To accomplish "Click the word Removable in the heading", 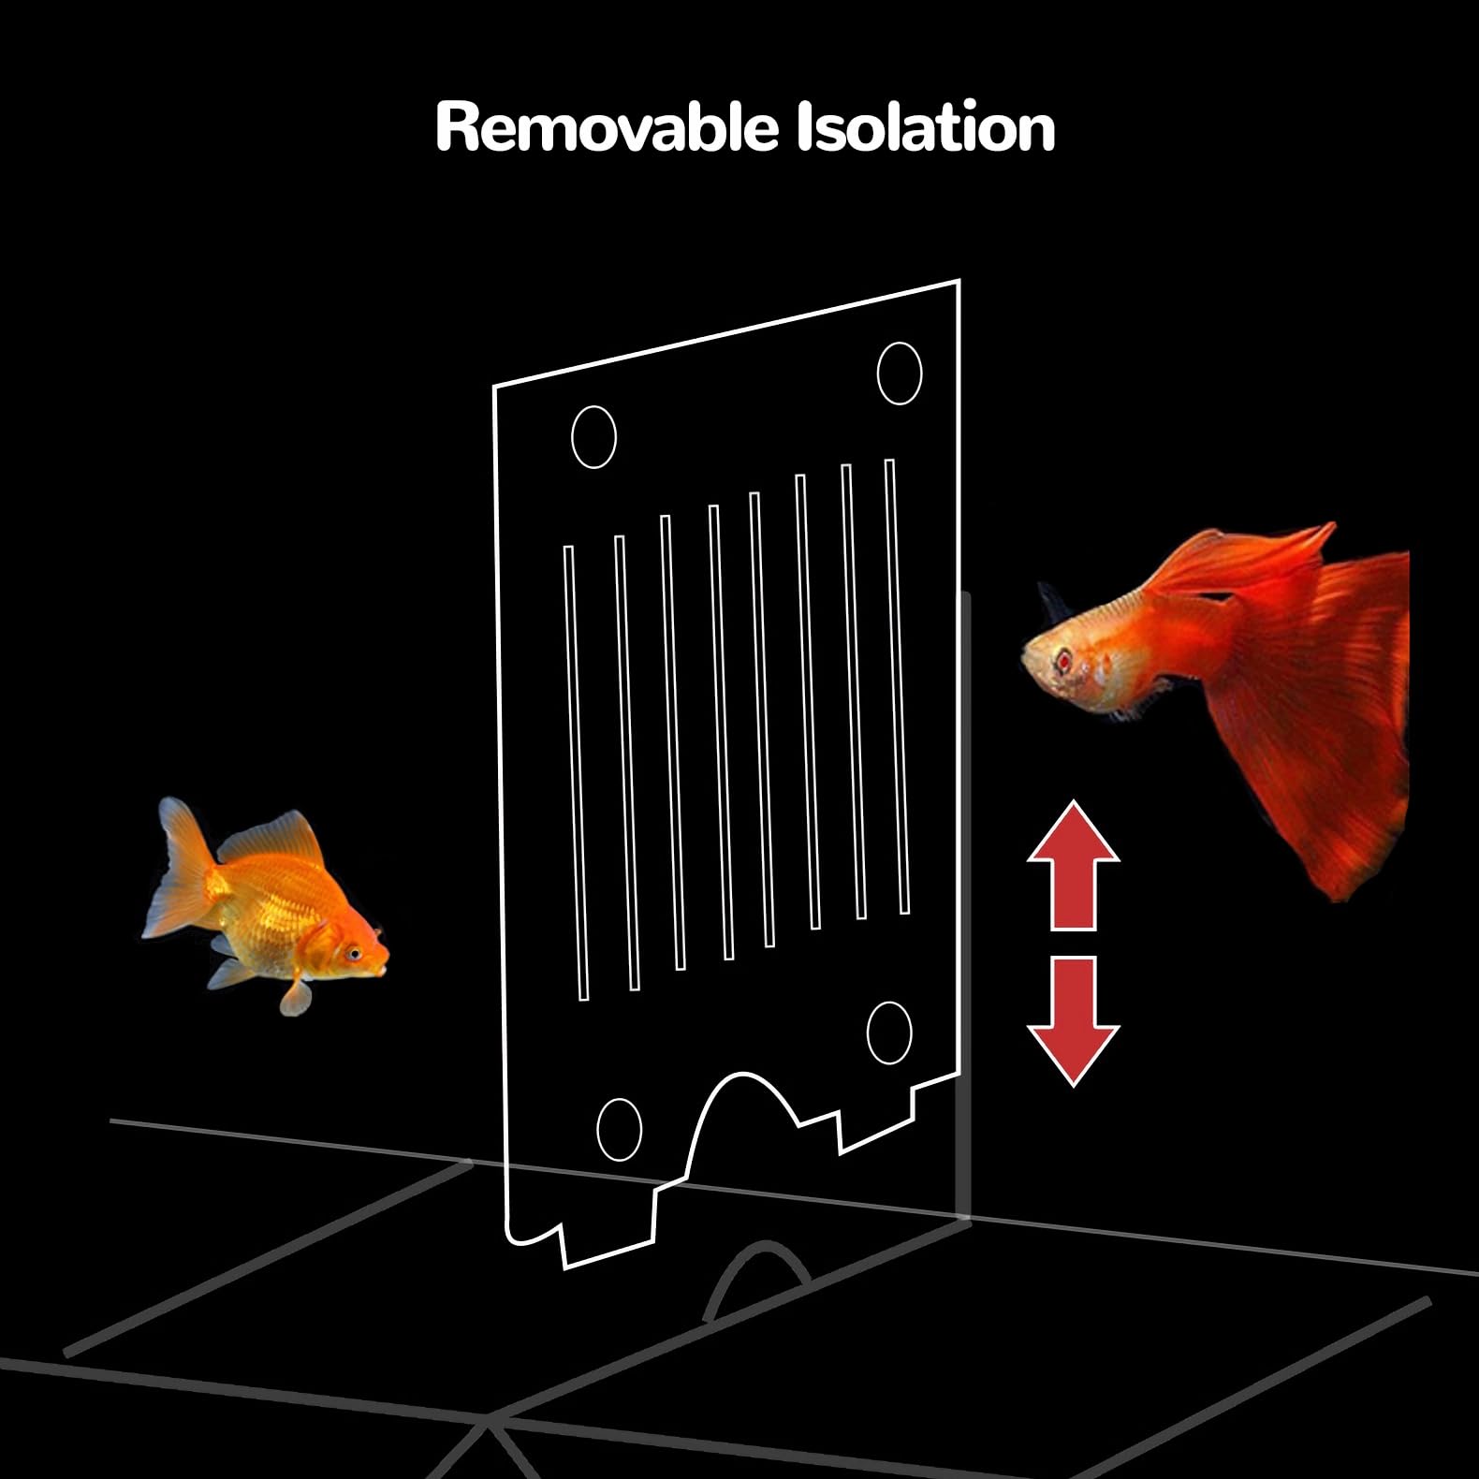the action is pos(606,127).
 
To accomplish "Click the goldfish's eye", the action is pos(354,954).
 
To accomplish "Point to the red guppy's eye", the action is pos(1063,661).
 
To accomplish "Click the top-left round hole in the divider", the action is pos(593,437).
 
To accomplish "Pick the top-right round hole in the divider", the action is pos(900,373).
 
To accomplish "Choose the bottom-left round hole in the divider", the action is pos(619,1129).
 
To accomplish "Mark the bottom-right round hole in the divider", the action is pos(888,1032).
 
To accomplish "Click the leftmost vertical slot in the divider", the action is pos(576,772).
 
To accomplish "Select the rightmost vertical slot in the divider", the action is pos(897,686).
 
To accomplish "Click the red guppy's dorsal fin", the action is pos(1245,557).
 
